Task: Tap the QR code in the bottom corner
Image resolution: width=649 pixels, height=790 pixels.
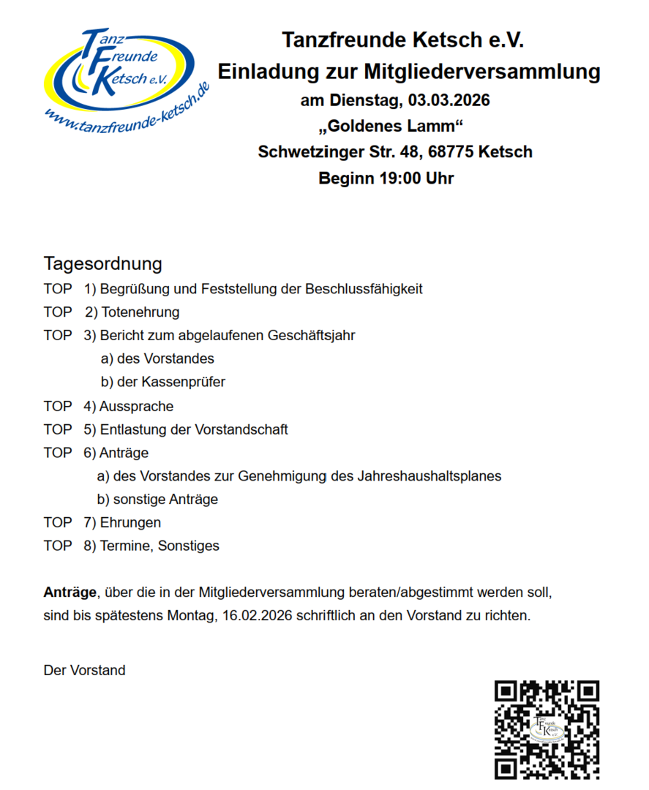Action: pyautogui.click(x=547, y=729)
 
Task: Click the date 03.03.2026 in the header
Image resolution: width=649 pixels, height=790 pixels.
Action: pyautogui.click(x=449, y=100)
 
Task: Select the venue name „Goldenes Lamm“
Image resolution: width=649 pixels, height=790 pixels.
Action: pyautogui.click(x=391, y=126)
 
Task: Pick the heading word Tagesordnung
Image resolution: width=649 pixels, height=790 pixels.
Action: pyautogui.click(x=102, y=263)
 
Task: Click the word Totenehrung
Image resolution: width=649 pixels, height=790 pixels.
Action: pyautogui.click(x=140, y=312)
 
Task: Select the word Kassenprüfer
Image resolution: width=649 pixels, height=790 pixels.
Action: pyautogui.click(x=184, y=382)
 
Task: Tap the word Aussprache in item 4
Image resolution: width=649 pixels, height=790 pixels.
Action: pyautogui.click(x=137, y=406)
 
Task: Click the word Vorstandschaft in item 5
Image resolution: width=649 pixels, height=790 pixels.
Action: pyautogui.click(x=241, y=429)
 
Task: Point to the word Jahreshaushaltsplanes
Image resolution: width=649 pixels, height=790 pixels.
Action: pyautogui.click(x=430, y=476)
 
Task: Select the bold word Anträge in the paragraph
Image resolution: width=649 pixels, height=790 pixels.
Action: pyautogui.click(x=70, y=592)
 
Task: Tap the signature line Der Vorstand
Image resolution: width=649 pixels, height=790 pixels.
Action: pyautogui.click(x=84, y=670)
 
